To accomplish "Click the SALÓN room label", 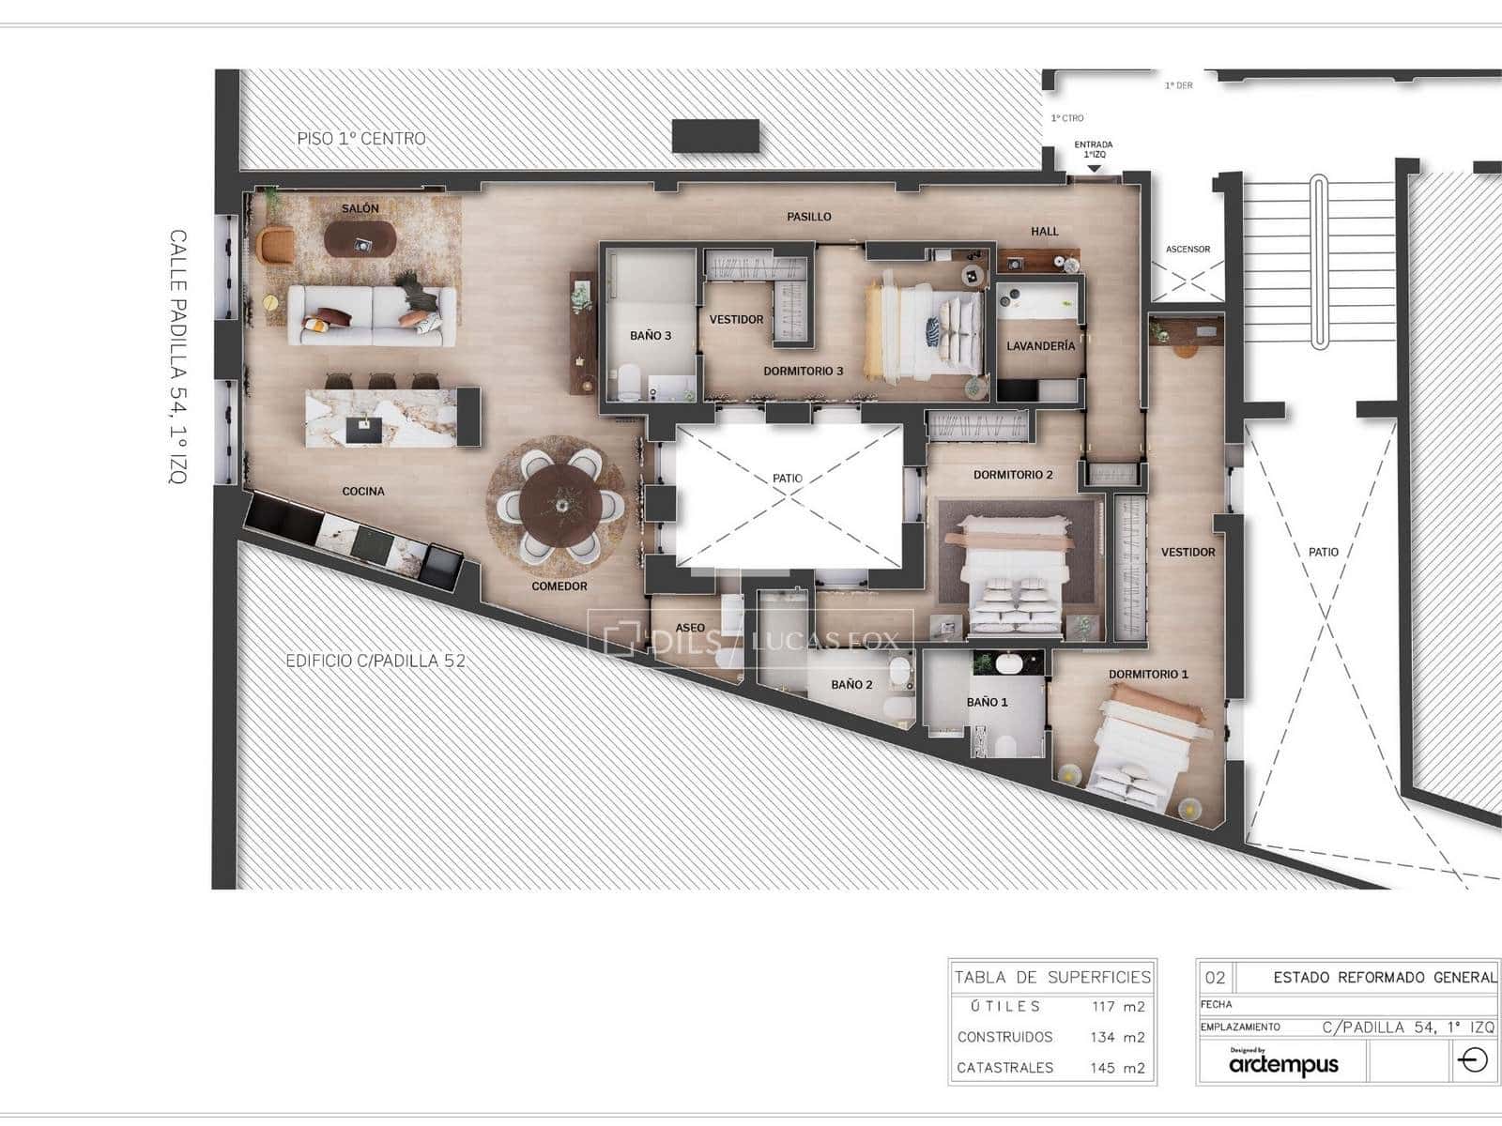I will [360, 208].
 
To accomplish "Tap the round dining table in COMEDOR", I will [560, 504].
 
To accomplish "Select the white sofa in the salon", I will [372, 315].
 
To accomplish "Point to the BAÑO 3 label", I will [651, 336].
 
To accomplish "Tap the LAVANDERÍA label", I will [1040, 346].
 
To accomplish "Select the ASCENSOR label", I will [1188, 250].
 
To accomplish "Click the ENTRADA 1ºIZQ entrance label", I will [1093, 149].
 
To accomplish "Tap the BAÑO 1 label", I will [988, 702].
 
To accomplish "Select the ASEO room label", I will [690, 628].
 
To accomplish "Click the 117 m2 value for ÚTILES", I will [1118, 1007].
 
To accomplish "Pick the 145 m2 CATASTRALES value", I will [1118, 1068].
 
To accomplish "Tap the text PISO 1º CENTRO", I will [361, 139].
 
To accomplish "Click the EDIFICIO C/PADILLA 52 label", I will [375, 661].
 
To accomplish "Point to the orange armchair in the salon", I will [275, 246].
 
